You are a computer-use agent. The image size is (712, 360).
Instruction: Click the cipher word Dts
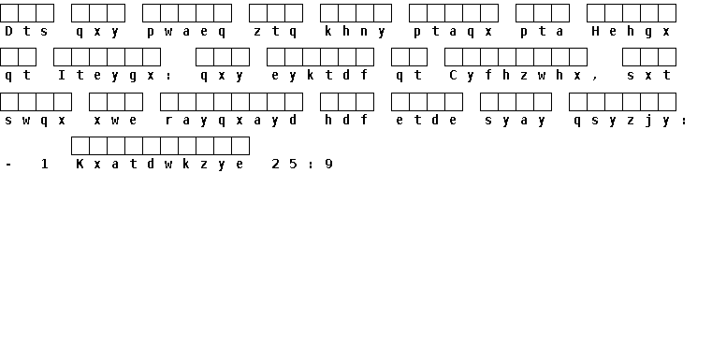pyautogui.click(x=26, y=31)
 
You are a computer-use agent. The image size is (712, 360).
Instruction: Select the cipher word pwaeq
pyautogui.click(x=186, y=32)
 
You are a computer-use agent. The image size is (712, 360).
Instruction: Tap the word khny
pyautogui.click(x=356, y=32)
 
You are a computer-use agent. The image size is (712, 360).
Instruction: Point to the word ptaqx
pyautogui.click(x=453, y=32)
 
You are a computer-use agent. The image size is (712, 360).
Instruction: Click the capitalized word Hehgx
pyautogui.click(x=632, y=32)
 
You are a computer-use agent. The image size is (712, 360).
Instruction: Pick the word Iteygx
pyautogui.click(x=107, y=76)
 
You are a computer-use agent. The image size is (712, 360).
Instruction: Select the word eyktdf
pyautogui.click(x=320, y=76)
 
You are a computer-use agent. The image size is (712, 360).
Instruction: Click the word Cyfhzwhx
pyautogui.click(x=515, y=76)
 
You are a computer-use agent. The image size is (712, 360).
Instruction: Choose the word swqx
pyautogui.click(x=36, y=121)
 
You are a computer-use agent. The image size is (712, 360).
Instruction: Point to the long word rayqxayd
pyautogui.click(x=231, y=121)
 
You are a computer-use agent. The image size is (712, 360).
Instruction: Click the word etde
pyautogui.click(x=427, y=121)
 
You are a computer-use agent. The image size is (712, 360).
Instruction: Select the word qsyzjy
pyautogui.click(x=622, y=121)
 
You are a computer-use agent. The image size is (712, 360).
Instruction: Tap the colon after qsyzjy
pyautogui.click(x=684, y=121)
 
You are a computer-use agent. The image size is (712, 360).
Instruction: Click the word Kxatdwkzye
pyautogui.click(x=160, y=164)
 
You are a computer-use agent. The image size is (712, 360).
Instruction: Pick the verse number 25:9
pyautogui.click(x=302, y=164)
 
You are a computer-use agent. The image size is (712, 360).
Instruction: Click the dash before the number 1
pyautogui.click(x=8, y=164)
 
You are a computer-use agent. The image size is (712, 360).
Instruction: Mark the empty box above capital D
pyautogui.click(x=9, y=13)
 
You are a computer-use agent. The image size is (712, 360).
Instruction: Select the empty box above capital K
pyautogui.click(x=80, y=146)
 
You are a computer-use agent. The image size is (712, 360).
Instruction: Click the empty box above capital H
pyautogui.click(x=596, y=13)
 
